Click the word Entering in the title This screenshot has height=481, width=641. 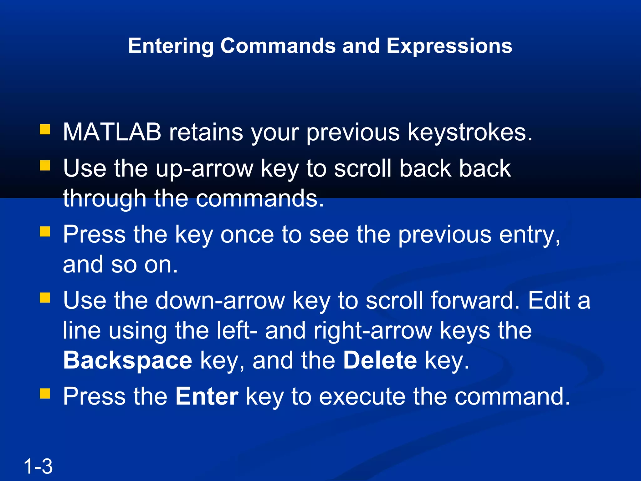click(x=171, y=46)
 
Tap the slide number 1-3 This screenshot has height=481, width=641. click(x=38, y=466)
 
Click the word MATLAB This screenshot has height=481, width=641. click(x=112, y=132)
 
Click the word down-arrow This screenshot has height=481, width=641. click(x=220, y=301)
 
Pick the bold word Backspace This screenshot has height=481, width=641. click(x=128, y=360)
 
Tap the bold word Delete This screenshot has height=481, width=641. click(x=380, y=360)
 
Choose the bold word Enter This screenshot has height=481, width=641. click(x=207, y=396)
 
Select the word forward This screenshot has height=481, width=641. click(x=475, y=301)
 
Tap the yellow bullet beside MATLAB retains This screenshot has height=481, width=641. click(x=45, y=129)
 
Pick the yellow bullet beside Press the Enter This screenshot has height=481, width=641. click(x=45, y=393)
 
